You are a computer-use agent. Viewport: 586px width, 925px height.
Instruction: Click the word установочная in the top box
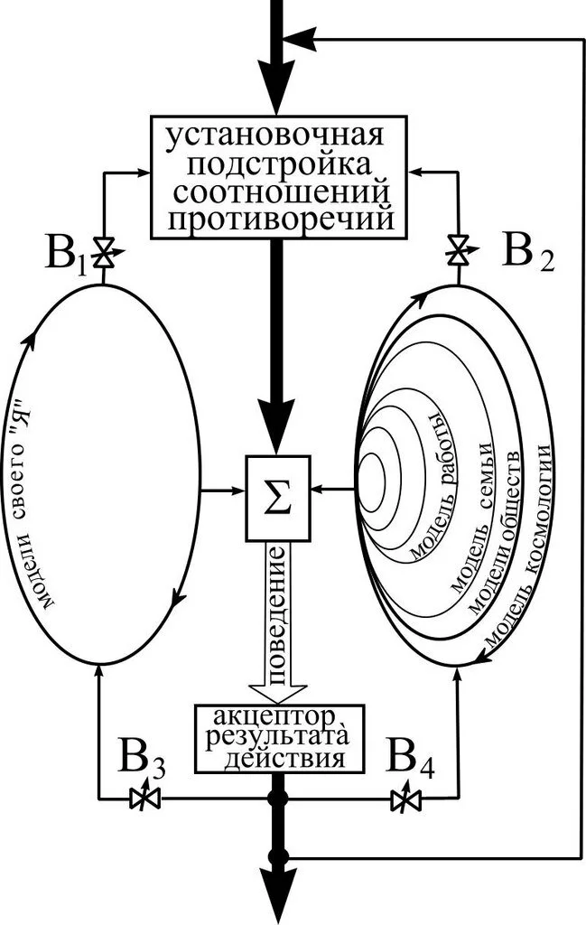[274, 135]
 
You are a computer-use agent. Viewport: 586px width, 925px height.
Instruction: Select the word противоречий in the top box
[281, 220]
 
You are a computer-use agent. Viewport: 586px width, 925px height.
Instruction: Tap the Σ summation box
[278, 498]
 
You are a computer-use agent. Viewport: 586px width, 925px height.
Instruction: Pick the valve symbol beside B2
[458, 251]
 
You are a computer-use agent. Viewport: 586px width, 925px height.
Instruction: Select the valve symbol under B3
[144, 799]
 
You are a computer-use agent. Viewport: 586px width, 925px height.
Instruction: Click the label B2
[528, 251]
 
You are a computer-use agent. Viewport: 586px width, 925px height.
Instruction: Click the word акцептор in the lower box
[274, 718]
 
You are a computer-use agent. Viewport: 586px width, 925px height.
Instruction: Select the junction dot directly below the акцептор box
[277, 799]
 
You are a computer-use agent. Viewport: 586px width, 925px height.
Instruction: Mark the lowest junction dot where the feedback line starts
[277, 856]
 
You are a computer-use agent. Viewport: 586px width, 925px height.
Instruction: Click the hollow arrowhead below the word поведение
[277, 693]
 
